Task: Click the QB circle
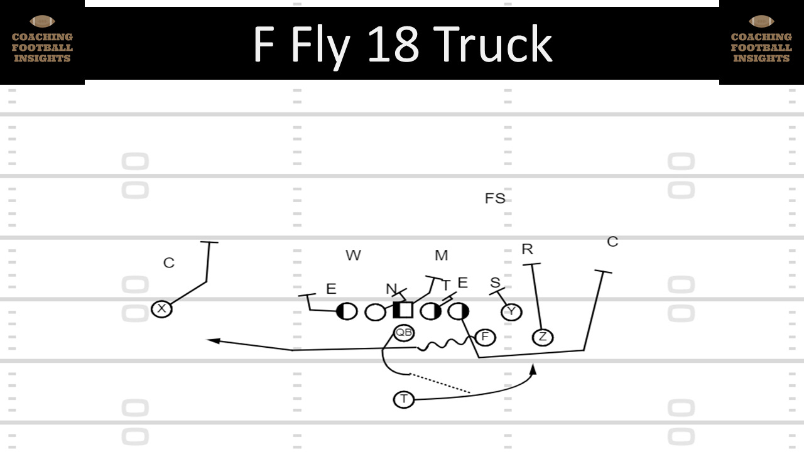click(x=404, y=333)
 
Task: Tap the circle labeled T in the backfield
click(x=404, y=399)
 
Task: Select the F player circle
click(x=485, y=337)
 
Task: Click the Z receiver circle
click(x=543, y=337)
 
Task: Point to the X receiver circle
click(x=162, y=308)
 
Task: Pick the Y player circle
click(x=511, y=311)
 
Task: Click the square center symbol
click(x=403, y=310)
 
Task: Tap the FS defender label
click(x=495, y=198)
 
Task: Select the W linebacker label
click(x=353, y=255)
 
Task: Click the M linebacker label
click(x=441, y=255)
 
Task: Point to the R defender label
click(x=527, y=249)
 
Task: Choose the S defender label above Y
click(x=495, y=283)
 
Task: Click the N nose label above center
click(x=391, y=289)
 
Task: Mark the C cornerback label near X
click(x=168, y=263)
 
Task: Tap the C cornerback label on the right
click(x=612, y=242)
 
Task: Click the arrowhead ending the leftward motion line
click(x=212, y=341)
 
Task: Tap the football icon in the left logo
click(x=41, y=21)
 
